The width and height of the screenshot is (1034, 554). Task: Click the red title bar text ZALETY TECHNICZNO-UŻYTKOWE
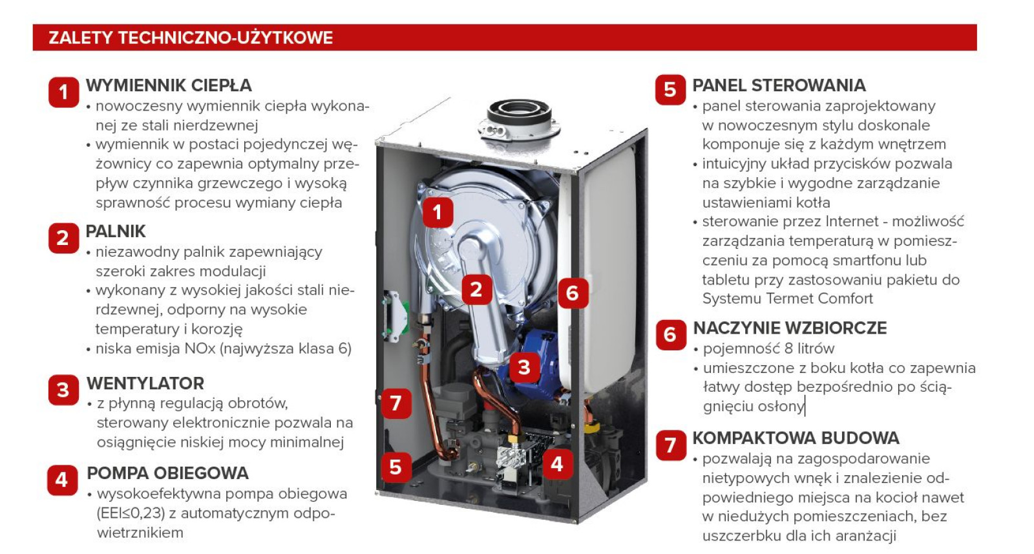191,38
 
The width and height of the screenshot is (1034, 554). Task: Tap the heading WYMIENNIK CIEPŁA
169,85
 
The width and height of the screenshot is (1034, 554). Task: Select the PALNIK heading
116,231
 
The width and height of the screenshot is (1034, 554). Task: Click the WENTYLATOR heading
145,383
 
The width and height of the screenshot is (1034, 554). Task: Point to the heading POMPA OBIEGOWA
168,473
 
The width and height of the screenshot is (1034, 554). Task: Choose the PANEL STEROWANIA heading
779,85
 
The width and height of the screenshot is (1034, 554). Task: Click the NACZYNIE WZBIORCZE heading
790,328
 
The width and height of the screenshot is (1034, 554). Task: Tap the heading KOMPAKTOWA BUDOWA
796,438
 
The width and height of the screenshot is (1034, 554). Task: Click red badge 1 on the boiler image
438,212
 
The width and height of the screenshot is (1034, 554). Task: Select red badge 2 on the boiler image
476,290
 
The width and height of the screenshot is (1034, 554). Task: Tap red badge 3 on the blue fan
524,367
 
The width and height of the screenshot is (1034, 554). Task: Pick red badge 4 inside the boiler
557,464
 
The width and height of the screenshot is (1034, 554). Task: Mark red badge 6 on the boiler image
573,293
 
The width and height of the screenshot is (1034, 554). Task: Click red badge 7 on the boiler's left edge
396,403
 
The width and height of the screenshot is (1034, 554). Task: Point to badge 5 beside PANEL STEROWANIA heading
670,90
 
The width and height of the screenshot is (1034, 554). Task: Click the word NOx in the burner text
200,348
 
